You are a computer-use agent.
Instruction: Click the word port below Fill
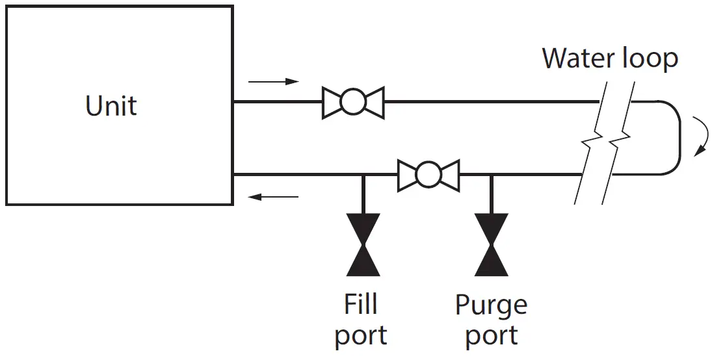click(x=361, y=336)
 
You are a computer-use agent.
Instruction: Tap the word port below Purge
click(x=491, y=336)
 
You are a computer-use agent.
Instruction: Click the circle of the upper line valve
click(x=353, y=101)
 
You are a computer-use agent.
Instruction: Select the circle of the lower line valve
click(x=428, y=175)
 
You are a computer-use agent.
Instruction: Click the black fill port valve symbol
click(x=363, y=244)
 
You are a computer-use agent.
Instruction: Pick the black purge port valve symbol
click(x=492, y=244)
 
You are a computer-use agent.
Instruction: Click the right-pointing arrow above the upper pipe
click(x=273, y=82)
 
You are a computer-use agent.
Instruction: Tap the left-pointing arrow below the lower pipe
click(x=273, y=197)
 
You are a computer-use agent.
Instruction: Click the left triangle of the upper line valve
click(x=331, y=101)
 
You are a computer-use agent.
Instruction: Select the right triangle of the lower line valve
click(x=451, y=175)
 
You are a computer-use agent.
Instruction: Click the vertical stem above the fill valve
click(x=363, y=194)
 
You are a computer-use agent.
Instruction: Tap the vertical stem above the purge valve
click(x=492, y=194)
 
